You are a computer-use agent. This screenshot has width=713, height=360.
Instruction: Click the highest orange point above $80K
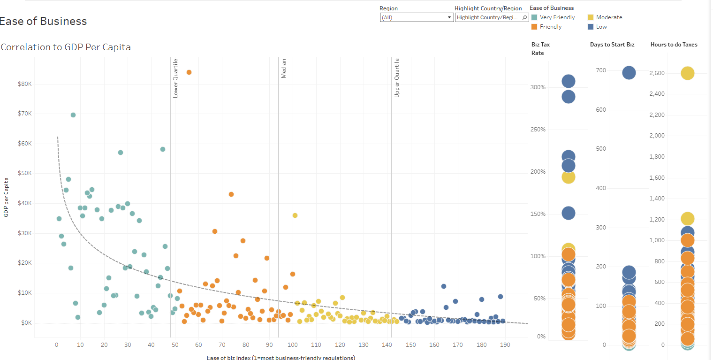tap(189, 72)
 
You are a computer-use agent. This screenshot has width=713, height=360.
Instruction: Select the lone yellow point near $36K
tap(295, 215)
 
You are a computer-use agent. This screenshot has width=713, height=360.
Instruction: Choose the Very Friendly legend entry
tap(557, 17)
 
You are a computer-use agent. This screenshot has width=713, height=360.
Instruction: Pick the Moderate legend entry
tap(608, 17)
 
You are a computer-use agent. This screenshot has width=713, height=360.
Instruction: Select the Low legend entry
tap(601, 27)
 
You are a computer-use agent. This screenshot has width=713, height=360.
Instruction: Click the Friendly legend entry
tap(550, 27)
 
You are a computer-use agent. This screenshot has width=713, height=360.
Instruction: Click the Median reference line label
tap(284, 69)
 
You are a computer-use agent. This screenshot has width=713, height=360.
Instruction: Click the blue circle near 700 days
tap(629, 73)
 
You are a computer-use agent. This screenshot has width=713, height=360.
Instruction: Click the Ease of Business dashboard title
tap(43, 21)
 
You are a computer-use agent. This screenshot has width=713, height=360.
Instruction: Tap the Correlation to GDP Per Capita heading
tap(66, 47)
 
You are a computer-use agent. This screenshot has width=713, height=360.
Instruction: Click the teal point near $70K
tap(73, 115)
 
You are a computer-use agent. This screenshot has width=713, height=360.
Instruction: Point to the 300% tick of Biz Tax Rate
tap(538, 87)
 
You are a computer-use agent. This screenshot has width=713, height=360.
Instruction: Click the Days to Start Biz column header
tap(612, 45)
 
